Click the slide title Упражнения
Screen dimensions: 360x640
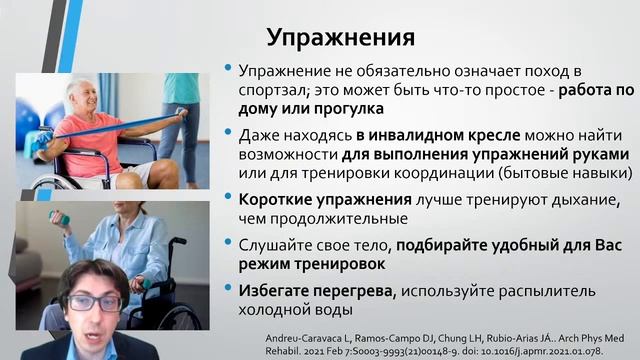pyautogui.click(x=340, y=37)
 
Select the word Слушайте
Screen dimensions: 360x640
pyautogui.click(x=274, y=243)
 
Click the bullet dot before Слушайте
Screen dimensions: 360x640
pyautogui.click(x=228, y=244)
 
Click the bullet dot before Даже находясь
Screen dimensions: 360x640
pyautogui.click(x=228, y=136)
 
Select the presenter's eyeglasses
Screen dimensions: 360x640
pyautogui.click(x=94, y=300)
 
